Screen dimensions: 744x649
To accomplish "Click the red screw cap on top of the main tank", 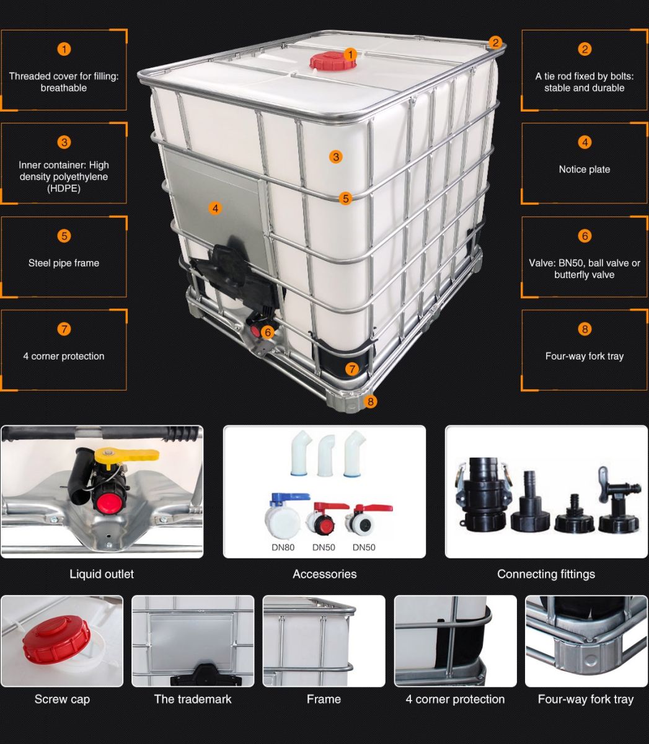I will click(325, 61).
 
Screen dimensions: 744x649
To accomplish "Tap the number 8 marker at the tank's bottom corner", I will click(371, 401).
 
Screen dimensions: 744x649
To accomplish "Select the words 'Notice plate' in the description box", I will click(584, 169).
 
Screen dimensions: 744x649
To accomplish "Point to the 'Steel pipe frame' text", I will click(64, 263).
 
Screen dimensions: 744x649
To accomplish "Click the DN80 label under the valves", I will click(284, 547).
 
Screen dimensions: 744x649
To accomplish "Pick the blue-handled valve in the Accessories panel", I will click(283, 514).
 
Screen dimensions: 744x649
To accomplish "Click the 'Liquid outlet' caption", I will click(102, 574).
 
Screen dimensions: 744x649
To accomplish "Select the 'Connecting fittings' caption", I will click(545, 574).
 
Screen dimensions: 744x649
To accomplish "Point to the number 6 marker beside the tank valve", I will click(268, 332).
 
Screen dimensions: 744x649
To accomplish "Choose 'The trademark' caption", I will click(193, 699).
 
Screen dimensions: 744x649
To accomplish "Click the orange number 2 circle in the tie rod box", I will click(584, 49).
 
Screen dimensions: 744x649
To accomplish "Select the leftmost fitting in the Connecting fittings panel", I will click(482, 494).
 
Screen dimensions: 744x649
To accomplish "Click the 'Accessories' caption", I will click(324, 574).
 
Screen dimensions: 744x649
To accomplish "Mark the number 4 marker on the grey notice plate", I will click(215, 208).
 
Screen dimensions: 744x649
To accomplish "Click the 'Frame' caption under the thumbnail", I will click(324, 699).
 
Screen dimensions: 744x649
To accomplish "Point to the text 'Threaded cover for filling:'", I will click(64, 76).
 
